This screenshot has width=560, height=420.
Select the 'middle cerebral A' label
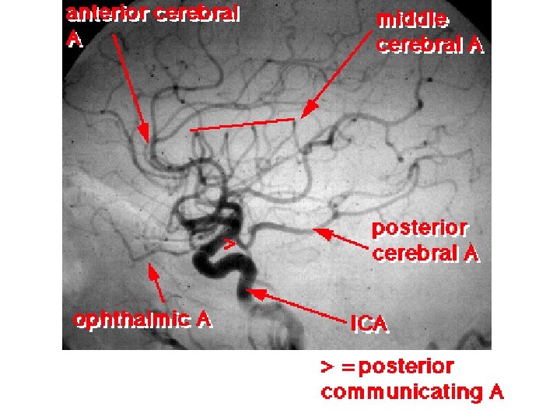point(430,32)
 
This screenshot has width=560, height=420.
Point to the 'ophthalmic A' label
point(142,320)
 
